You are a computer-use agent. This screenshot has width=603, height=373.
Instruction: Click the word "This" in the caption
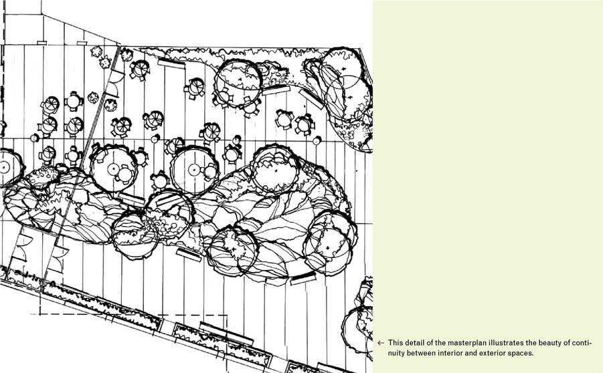click(395, 343)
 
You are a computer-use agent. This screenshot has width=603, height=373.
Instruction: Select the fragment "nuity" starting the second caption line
click(396, 353)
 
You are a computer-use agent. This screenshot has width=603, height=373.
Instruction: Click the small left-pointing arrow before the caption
click(381, 343)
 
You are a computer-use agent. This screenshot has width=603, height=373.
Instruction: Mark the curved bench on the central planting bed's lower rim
click(303, 278)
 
